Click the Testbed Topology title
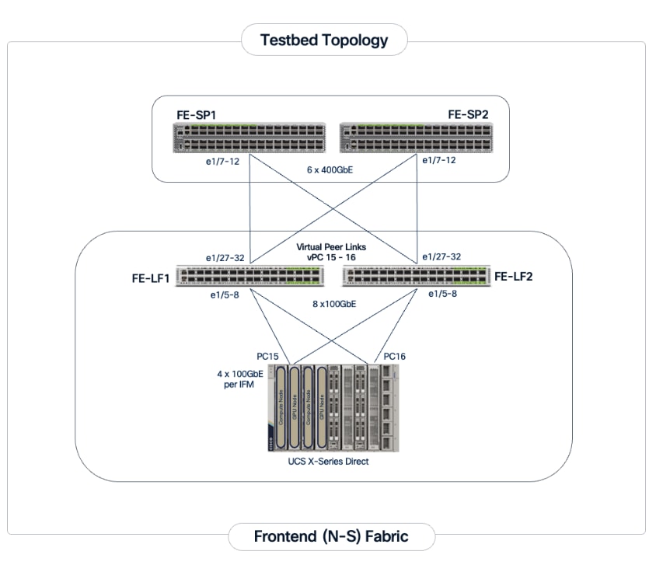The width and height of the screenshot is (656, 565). [324, 40]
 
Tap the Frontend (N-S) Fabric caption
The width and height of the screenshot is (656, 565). [330, 536]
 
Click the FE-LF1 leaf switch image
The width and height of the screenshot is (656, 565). [250, 277]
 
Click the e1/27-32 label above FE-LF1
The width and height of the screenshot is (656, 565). [226, 257]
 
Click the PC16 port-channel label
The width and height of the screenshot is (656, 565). [394, 355]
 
